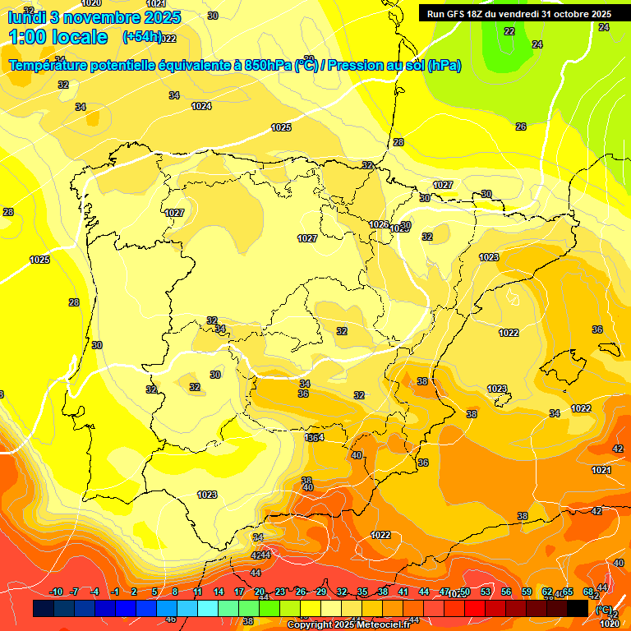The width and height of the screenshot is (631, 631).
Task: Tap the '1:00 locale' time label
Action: pos(58,37)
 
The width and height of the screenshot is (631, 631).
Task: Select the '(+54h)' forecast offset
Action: pos(141,37)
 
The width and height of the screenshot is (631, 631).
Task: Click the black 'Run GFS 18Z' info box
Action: pos(518,14)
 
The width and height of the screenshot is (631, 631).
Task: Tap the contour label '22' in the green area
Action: pos(509,31)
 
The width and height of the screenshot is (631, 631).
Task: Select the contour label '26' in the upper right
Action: pos(521,127)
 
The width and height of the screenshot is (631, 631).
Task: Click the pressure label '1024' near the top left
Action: pos(201,106)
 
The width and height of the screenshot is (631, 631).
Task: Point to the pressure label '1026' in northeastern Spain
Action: pos(378,224)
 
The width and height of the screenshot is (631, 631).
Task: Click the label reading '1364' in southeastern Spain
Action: pos(314,438)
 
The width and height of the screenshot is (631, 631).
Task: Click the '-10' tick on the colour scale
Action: pos(57,592)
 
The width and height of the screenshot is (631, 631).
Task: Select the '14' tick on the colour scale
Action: pos(219,592)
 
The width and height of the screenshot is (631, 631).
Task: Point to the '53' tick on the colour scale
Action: pos(486,592)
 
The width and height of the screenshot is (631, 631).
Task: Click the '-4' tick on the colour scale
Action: pos(95,592)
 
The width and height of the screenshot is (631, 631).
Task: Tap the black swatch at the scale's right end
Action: pos(577,608)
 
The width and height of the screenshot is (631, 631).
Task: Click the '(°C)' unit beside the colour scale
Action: pos(604,609)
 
